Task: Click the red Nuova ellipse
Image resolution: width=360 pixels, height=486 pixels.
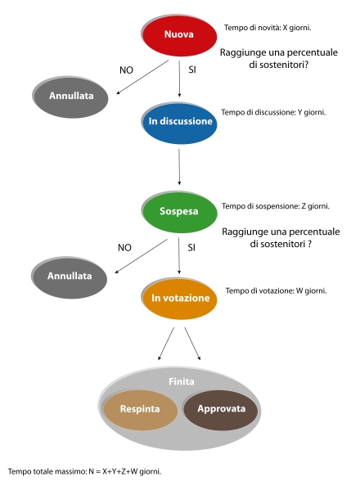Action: [x=179, y=36]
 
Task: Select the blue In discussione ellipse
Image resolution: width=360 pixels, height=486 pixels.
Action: [x=179, y=123]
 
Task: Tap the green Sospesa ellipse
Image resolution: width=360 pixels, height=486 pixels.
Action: [x=179, y=212]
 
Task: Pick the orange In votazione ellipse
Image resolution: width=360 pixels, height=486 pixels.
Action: [x=179, y=299]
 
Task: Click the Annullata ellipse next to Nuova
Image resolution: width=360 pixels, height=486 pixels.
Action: [x=70, y=97]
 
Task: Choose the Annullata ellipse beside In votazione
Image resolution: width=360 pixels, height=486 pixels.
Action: [x=70, y=277]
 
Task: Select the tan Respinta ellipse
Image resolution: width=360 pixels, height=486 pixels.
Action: [x=140, y=410]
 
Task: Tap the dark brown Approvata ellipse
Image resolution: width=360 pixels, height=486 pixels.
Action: [x=221, y=410]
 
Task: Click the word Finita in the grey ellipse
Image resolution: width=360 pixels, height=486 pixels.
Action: [x=182, y=381]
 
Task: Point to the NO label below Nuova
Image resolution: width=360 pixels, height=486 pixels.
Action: [x=126, y=70]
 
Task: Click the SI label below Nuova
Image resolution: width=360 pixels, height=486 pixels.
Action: [x=192, y=70]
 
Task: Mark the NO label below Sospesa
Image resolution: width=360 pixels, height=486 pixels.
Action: [x=124, y=248]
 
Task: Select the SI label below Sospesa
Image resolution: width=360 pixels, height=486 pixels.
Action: [x=191, y=248]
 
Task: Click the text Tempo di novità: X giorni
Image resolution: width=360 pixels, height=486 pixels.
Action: [x=268, y=28]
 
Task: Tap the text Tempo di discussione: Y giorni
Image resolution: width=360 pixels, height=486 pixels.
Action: [x=273, y=112]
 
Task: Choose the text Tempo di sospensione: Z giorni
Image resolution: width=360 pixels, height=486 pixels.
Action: [x=276, y=206]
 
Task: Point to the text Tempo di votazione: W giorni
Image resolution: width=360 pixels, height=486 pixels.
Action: [x=277, y=291]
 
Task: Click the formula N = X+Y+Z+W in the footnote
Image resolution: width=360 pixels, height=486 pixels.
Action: [x=113, y=472]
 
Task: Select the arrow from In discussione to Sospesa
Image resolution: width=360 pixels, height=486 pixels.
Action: [x=179, y=167]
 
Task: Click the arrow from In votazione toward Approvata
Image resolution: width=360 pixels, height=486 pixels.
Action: [x=192, y=344]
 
